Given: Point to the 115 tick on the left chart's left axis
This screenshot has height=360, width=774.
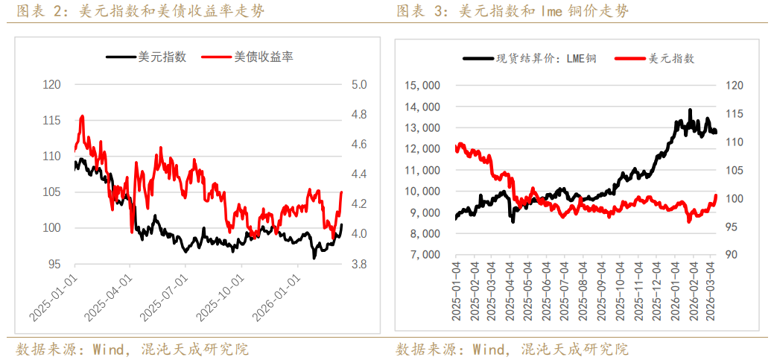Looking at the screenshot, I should [51, 121].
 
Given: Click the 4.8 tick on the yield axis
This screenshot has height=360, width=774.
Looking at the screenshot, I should [360, 115].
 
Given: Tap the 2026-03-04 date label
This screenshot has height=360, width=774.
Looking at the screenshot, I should [711, 291].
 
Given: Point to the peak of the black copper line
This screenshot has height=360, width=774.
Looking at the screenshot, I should [690, 110].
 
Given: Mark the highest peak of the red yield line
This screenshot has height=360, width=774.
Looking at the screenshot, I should [81, 116].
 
